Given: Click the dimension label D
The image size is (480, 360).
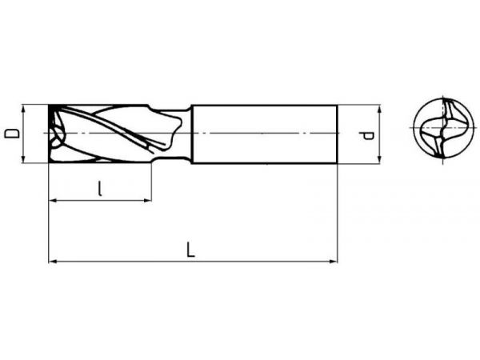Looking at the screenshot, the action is pos(12,134).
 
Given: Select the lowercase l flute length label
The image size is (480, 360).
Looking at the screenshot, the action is pos(100,188).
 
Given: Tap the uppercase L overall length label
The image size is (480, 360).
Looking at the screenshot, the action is pos(190,249).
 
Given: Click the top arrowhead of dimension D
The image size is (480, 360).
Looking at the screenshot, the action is pos(23,108).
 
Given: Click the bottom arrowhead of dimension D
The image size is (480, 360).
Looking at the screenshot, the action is pos(23,159).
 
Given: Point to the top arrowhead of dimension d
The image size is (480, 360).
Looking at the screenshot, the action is pos(379,109).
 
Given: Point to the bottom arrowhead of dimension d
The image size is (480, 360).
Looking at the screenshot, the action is pos(379,159).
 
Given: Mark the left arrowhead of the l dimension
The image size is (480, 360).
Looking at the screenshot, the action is pos(53,201).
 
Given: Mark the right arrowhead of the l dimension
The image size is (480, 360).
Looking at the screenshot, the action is pos(147,201).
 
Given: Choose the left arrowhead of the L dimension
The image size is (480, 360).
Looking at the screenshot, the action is pos(53,262).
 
